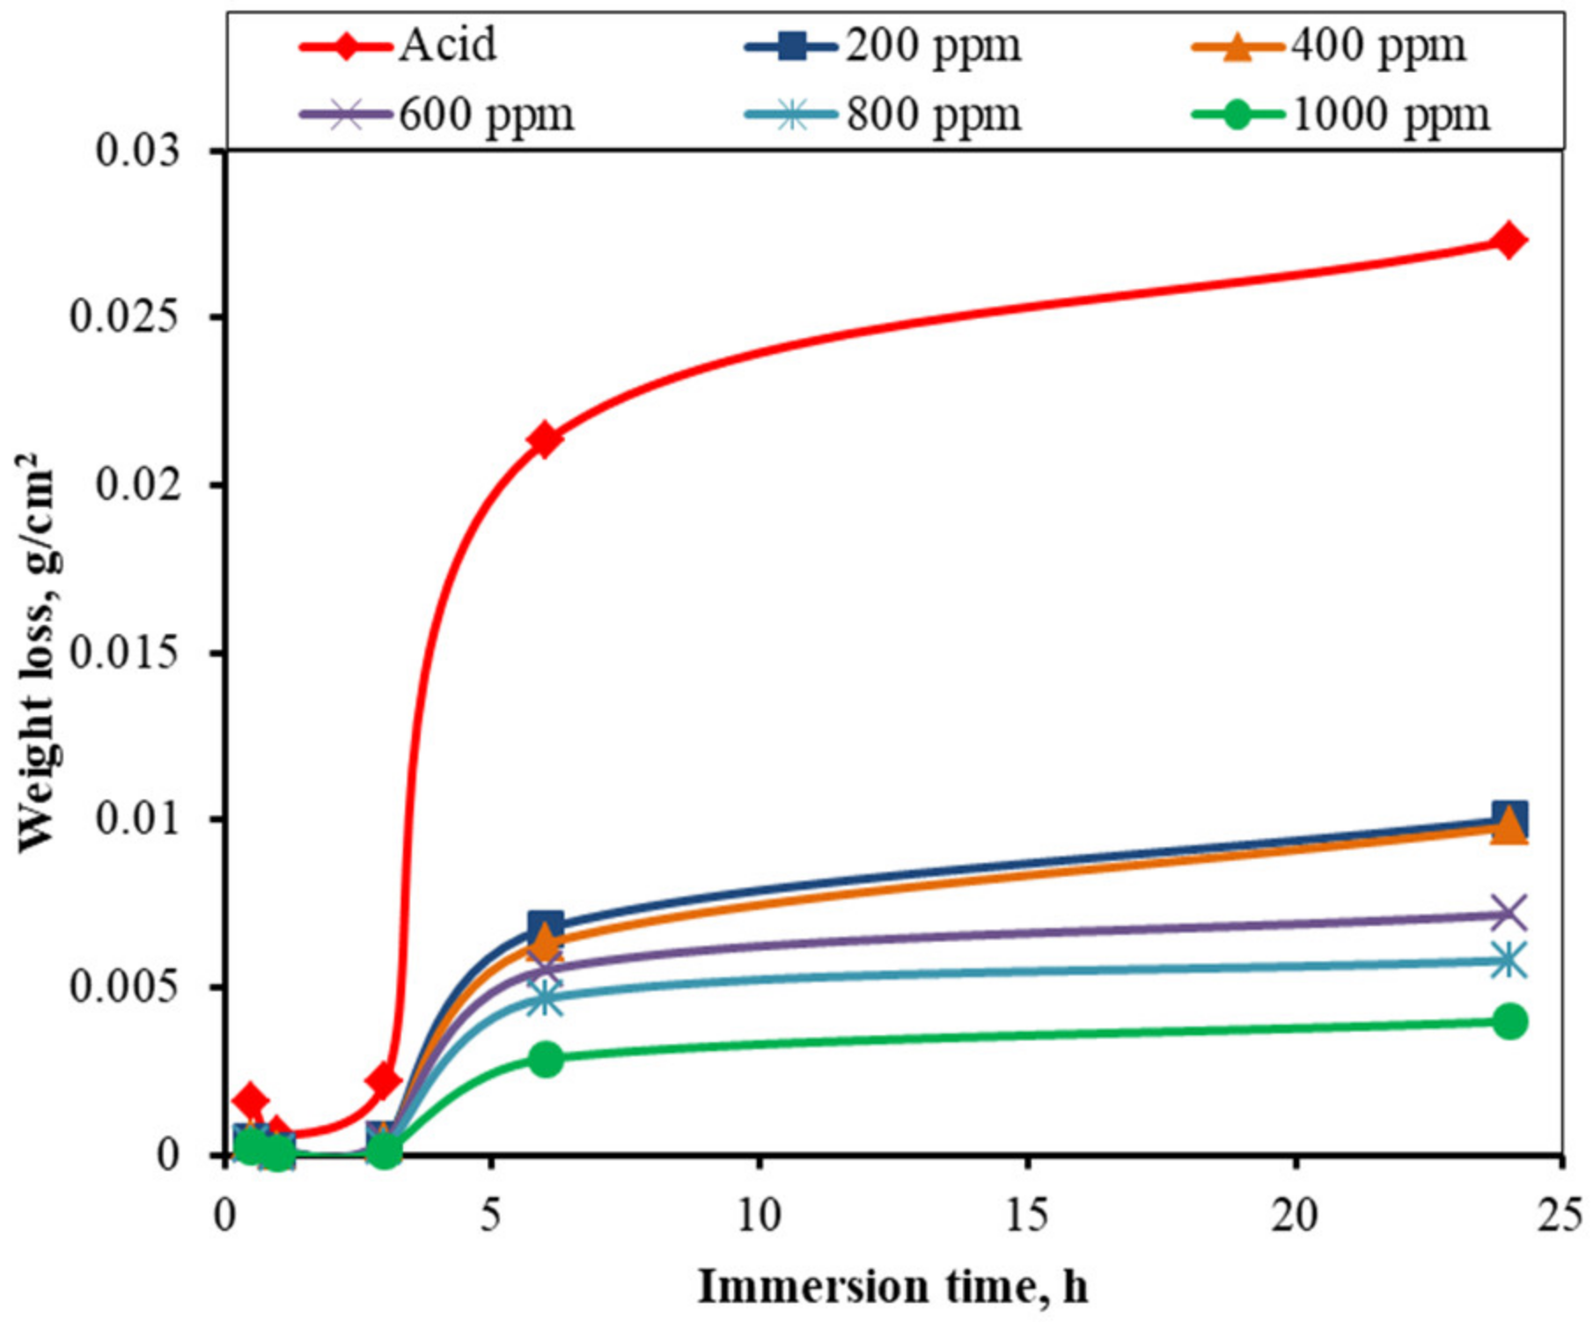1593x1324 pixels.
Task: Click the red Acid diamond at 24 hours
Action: (1509, 240)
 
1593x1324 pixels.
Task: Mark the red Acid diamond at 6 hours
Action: (545, 439)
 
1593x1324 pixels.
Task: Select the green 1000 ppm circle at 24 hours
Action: (1509, 1021)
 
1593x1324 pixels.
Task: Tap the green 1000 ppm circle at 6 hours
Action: (546, 1059)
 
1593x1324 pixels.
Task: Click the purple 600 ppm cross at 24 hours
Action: (1509, 914)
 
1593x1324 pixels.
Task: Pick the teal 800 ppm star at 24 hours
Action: (1509, 960)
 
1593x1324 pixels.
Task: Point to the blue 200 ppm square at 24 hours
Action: (1509, 819)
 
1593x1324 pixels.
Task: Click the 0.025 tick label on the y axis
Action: (125, 317)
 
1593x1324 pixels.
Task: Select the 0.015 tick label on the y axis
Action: (125, 652)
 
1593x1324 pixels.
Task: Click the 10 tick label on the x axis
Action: (759, 1216)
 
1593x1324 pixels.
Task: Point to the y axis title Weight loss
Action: (37, 651)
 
